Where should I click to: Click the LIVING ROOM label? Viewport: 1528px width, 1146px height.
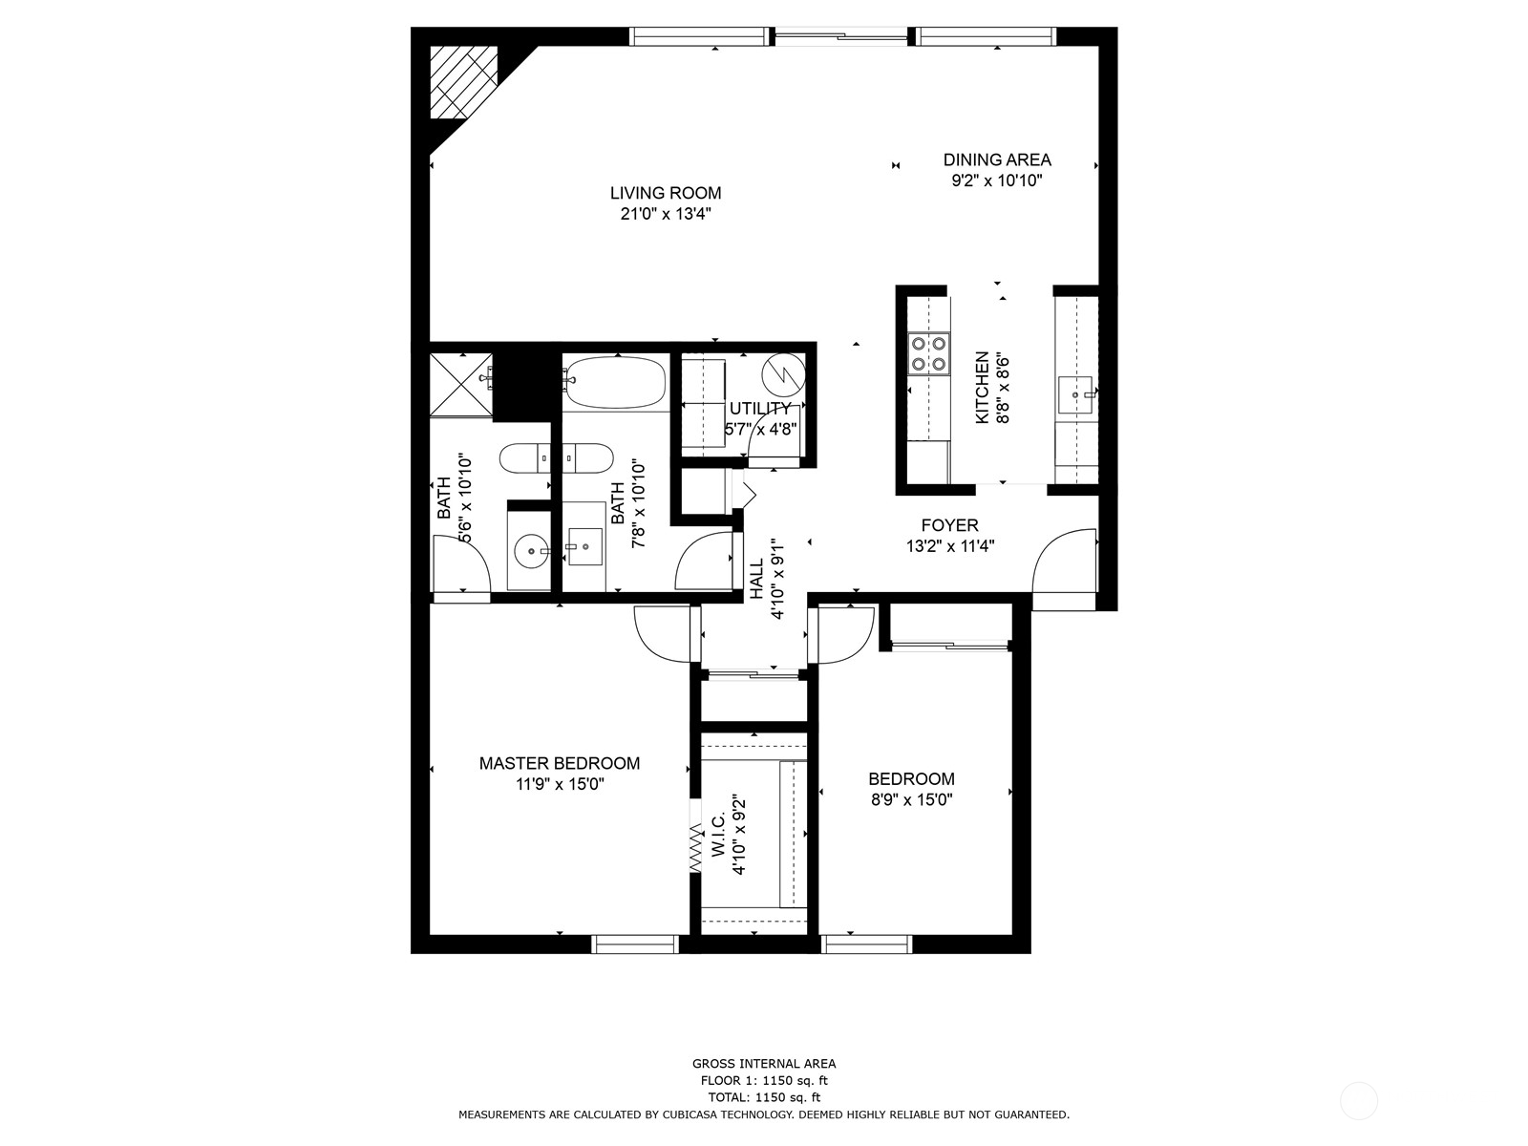[666, 193]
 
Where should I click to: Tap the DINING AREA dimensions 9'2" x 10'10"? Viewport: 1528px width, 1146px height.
[996, 180]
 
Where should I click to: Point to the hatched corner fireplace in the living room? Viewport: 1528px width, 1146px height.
[462, 82]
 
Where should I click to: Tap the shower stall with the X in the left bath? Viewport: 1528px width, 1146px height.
[460, 384]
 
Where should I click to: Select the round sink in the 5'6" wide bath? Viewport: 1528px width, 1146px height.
[530, 550]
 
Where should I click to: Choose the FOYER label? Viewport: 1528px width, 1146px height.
[949, 525]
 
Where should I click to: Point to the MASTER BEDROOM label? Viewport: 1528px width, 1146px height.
[560, 763]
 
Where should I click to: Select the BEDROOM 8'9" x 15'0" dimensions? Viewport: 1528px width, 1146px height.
[911, 800]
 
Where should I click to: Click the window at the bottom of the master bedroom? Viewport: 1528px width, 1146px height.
[635, 944]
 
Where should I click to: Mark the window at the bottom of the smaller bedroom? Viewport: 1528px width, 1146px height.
[867, 944]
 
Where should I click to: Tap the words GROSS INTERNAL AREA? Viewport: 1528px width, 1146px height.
[763, 1063]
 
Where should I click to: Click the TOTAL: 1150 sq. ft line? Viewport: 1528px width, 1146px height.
[763, 1097]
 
